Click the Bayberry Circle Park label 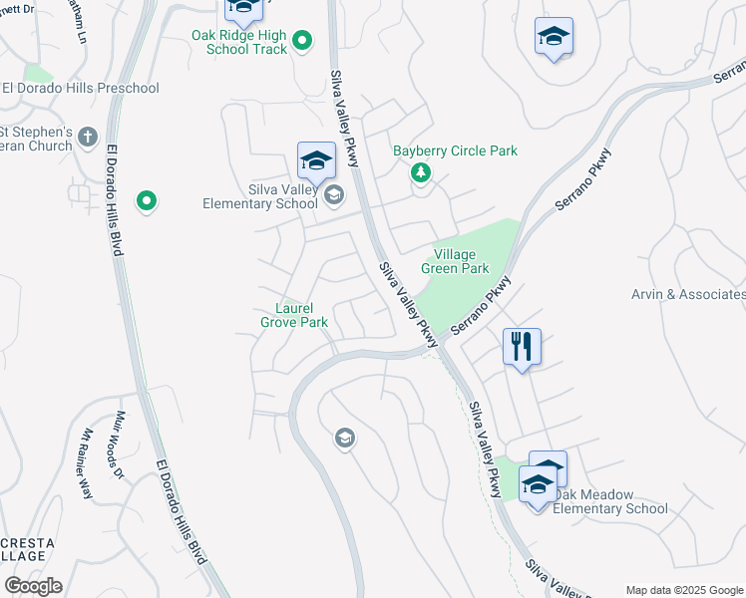[x=455, y=151]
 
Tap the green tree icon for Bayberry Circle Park [x=421, y=174]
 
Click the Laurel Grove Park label [x=294, y=315]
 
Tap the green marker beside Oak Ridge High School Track [x=304, y=41]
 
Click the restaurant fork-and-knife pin [x=522, y=347]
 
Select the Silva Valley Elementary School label [x=262, y=196]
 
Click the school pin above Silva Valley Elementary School [x=316, y=160]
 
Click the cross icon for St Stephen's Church [x=88, y=136]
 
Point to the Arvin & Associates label [x=688, y=294]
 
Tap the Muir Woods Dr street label [x=121, y=446]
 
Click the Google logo [x=33, y=586]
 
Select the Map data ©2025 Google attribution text [x=683, y=590]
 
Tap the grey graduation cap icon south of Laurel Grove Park [x=345, y=439]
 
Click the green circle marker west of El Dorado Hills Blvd [x=147, y=202]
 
